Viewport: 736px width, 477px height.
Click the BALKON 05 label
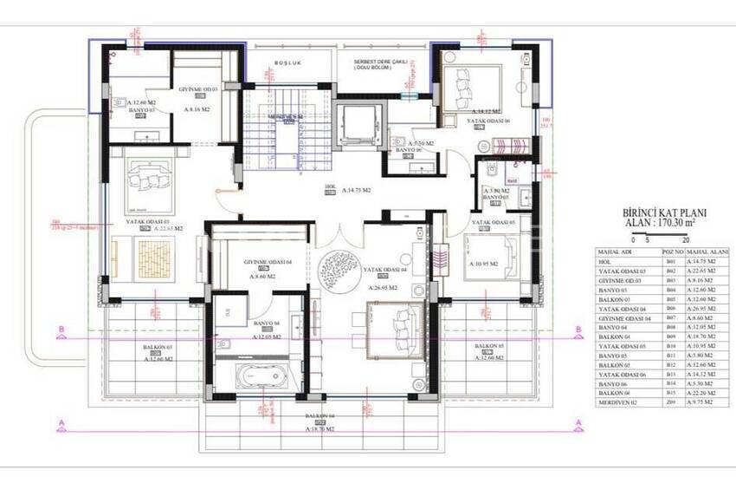[488, 349]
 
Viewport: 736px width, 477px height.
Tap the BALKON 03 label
[158, 349]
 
